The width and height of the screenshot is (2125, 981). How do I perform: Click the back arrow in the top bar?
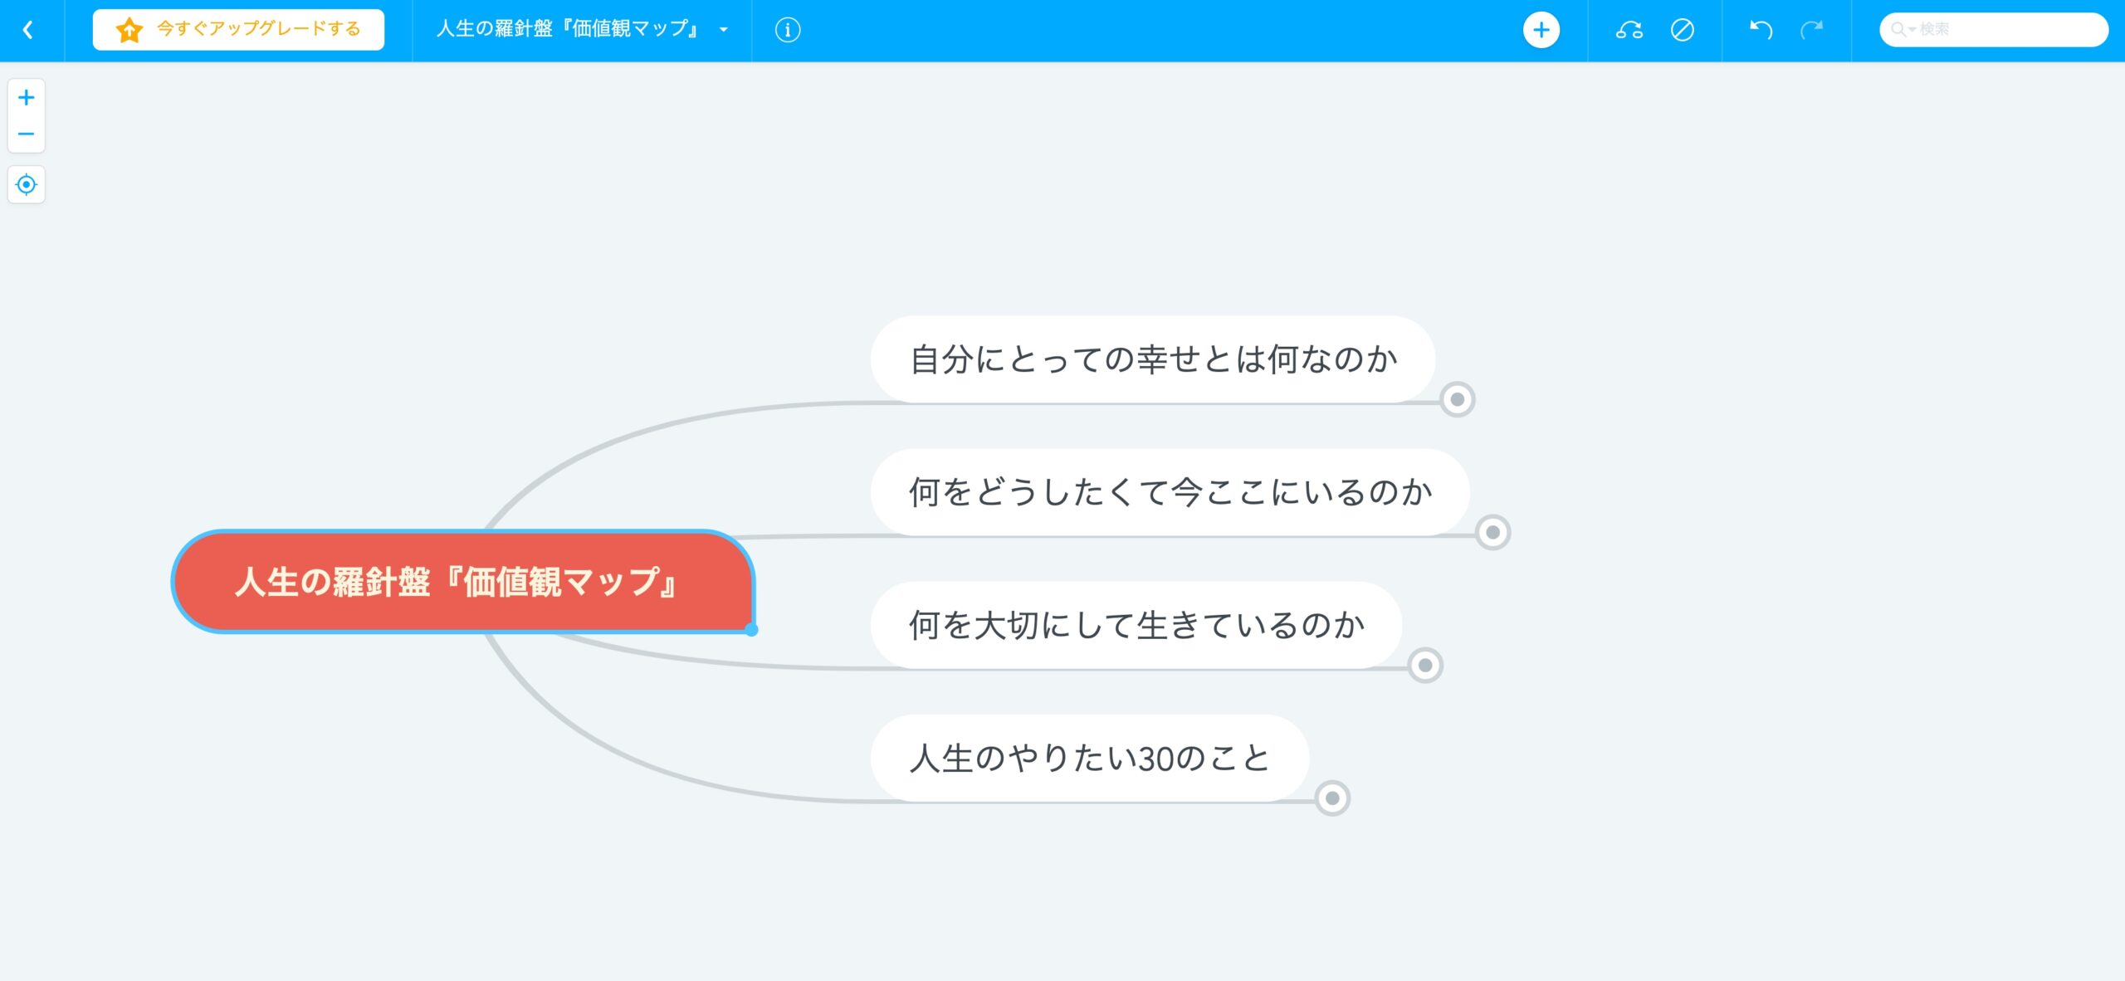coord(28,30)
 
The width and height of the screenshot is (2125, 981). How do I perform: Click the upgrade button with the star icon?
coord(238,30)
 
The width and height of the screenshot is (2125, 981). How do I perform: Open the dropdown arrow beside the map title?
coord(724,30)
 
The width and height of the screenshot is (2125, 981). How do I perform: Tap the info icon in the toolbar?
coord(788,30)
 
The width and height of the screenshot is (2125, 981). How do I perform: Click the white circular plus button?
coord(1541,30)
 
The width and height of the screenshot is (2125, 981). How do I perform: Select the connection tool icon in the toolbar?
coord(1629,30)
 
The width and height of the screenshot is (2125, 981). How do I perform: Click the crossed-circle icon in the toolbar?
coord(1683,30)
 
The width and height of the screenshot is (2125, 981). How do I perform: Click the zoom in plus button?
coord(27,98)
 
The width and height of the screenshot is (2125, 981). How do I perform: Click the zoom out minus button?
coord(27,134)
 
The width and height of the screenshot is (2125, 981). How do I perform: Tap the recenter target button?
coord(27,184)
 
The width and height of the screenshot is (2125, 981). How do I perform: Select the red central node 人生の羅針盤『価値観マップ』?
coord(462,581)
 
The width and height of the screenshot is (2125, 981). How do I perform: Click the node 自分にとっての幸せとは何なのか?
coord(1153,359)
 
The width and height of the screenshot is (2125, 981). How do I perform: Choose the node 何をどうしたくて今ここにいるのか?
coord(1170,492)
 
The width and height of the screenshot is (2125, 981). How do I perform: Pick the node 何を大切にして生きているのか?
coord(1136,625)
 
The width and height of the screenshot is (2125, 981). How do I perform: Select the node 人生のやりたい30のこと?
coord(1090,758)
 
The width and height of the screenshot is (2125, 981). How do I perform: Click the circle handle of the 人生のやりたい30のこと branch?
coord(1332,798)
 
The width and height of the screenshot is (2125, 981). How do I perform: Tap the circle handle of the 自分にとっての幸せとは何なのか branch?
coord(1458,400)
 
